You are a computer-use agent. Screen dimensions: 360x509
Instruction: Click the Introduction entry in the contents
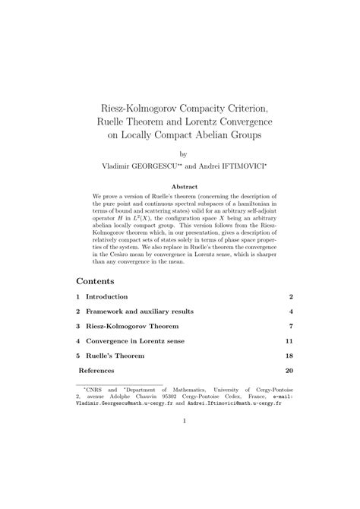(106, 296)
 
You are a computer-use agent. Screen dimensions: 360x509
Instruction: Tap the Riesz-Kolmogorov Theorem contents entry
(128, 326)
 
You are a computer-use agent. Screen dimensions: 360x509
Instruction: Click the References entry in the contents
(97, 371)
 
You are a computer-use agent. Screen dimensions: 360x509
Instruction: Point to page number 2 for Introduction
(291, 296)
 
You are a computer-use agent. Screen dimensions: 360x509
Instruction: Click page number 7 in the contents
(291, 326)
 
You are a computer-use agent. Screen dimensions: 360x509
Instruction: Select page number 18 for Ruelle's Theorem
(289, 356)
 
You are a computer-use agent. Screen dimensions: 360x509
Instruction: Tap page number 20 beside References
(289, 371)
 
